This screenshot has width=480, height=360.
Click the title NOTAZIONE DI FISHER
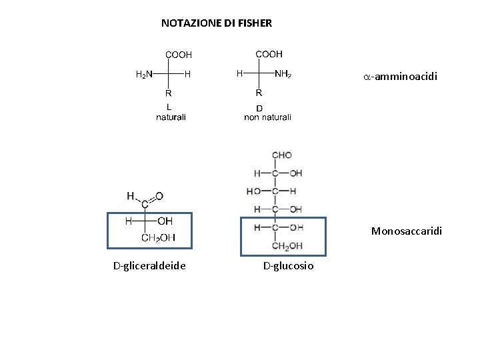click(217, 23)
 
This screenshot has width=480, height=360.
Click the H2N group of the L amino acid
click(144, 74)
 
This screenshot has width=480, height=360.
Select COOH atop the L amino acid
click(178, 55)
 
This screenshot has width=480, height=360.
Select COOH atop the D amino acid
click(269, 54)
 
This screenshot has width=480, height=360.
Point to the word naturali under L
click(171, 117)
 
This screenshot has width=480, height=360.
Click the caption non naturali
click(267, 117)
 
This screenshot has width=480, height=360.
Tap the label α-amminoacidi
click(400, 77)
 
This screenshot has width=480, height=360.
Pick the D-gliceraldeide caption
click(149, 267)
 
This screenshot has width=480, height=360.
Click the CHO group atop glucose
click(281, 155)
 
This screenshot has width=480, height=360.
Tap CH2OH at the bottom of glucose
click(287, 247)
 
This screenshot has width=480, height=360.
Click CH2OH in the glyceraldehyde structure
click(158, 237)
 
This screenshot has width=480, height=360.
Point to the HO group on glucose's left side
click(253, 191)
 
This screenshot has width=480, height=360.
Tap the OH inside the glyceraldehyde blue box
click(165, 221)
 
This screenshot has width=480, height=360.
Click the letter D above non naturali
click(259, 108)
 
